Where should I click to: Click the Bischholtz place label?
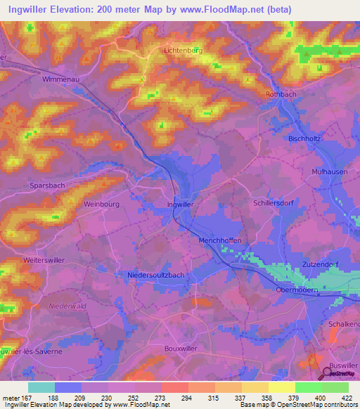tap(304, 139)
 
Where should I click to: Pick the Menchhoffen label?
tap(217, 240)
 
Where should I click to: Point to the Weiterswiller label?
tap(44, 260)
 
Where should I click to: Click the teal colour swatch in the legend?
tap(41, 387)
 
